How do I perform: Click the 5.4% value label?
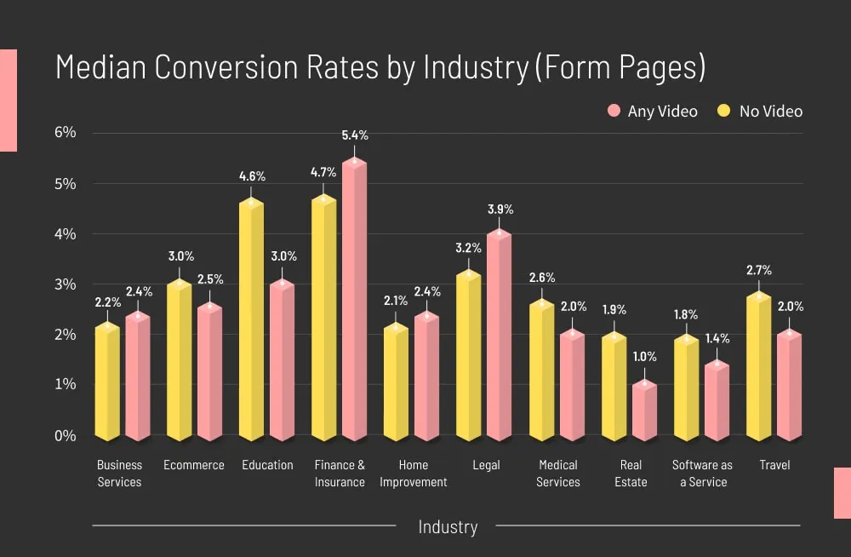coord(355,135)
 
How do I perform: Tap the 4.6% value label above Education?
coord(252,176)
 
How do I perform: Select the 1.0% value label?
coord(644,357)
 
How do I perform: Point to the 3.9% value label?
coord(500,210)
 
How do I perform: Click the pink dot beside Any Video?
coord(614,111)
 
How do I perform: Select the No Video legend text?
coord(770,112)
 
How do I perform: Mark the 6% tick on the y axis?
coord(66,133)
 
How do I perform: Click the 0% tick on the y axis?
coord(66,435)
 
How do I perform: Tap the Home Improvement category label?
coord(413,474)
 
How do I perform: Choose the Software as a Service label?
coord(702,474)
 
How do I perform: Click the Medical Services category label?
coord(557,474)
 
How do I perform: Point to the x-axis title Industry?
coord(448,527)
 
